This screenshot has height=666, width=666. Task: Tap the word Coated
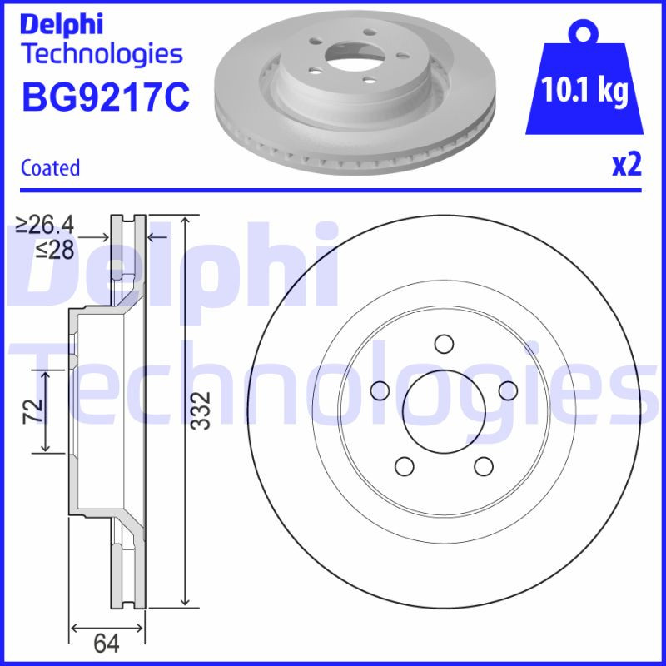tap(50, 167)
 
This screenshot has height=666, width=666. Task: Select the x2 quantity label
tap(627, 166)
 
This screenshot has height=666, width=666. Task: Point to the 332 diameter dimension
tap(199, 410)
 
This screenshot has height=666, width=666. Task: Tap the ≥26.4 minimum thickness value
tap(46, 224)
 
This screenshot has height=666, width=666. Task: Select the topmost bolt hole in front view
tap(444, 344)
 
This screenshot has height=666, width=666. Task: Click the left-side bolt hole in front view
tap(380, 390)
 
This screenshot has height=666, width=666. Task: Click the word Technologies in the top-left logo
tap(101, 54)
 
